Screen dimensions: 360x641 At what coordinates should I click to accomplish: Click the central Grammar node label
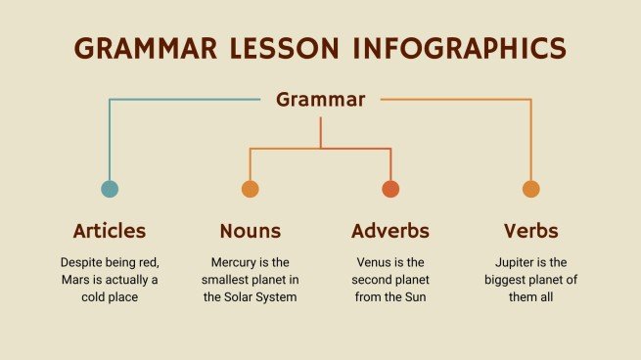pyautogui.click(x=320, y=99)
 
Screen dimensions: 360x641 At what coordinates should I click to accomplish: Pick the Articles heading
pyautogui.click(x=110, y=231)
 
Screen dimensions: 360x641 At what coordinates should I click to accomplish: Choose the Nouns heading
pyautogui.click(x=250, y=231)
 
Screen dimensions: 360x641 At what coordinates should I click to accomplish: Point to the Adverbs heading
pyautogui.click(x=389, y=231)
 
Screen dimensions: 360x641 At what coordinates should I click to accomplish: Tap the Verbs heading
pyautogui.click(x=530, y=231)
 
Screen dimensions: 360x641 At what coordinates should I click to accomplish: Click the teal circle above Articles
pyautogui.click(x=110, y=189)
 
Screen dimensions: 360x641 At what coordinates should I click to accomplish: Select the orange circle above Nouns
pyautogui.click(x=250, y=189)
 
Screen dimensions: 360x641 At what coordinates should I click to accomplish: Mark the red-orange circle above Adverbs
pyautogui.click(x=390, y=189)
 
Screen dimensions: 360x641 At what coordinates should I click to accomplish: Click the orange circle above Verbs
pyautogui.click(x=530, y=189)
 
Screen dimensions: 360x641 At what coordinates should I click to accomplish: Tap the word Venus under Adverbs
pyautogui.click(x=373, y=262)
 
